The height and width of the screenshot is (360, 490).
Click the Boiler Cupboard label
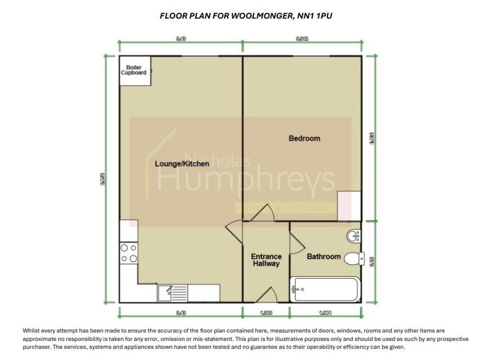(134, 70)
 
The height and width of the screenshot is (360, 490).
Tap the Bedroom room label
(304, 138)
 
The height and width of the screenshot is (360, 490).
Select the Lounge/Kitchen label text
(182, 164)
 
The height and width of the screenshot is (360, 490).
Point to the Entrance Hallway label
(266, 260)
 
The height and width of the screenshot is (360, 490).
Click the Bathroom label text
(323, 257)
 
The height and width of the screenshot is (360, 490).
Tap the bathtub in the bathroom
(325, 290)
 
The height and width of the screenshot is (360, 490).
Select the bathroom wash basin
(354, 236)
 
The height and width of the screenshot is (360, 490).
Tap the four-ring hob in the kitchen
(129, 253)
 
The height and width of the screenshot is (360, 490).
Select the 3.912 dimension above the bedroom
(302, 38)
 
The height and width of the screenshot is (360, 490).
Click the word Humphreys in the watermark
(246, 180)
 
